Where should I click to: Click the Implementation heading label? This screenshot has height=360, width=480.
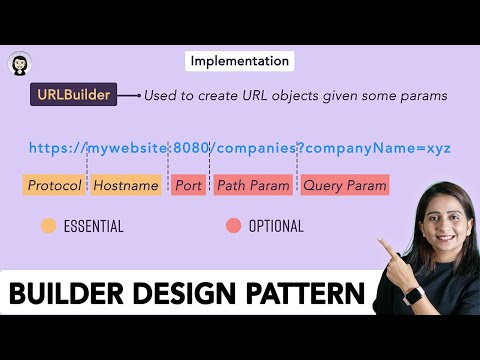[x=240, y=61]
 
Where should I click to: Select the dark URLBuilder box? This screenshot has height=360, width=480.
[x=73, y=95]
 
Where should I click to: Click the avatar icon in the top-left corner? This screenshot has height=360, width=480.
[x=19, y=64]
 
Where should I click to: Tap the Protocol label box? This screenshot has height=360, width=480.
[x=55, y=185]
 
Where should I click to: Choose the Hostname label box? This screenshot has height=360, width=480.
[x=126, y=185]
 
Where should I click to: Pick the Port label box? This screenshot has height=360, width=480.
[x=188, y=185]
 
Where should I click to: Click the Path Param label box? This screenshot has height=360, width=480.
[x=253, y=185]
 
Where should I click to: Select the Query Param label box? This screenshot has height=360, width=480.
[x=344, y=185]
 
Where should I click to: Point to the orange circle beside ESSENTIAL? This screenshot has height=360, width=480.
[x=48, y=226]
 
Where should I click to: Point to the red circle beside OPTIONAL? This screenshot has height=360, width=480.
[x=234, y=226]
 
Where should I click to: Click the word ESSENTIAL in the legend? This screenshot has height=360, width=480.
[x=93, y=226]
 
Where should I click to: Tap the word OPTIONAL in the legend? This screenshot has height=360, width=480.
[x=276, y=226]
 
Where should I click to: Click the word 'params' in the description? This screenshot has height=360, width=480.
[x=422, y=96]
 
